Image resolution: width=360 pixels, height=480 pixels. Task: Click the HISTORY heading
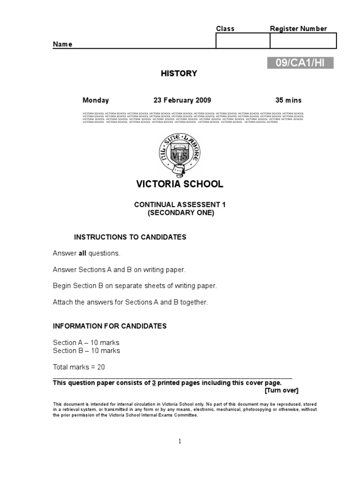point(179,74)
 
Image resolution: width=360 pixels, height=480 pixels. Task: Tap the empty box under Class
point(242,41)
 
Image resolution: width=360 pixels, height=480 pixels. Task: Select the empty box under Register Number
point(303,41)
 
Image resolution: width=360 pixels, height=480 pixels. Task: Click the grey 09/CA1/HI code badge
point(300,63)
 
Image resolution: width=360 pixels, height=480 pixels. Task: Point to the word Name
point(62,45)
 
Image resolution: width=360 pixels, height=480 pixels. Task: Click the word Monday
point(96,100)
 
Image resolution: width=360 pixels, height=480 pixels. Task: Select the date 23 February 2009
point(182,100)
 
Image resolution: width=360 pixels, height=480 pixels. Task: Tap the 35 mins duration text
point(288,100)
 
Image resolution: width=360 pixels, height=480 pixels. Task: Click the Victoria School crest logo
point(180,152)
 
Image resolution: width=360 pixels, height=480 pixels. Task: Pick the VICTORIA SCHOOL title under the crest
point(180,184)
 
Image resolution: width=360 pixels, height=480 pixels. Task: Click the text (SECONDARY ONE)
point(180,212)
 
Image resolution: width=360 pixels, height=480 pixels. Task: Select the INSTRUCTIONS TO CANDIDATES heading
point(130,237)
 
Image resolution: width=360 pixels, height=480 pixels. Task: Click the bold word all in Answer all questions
point(82,254)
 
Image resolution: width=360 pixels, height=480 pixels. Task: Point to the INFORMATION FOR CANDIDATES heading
point(110,326)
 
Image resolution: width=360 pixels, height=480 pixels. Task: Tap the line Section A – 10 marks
point(86,343)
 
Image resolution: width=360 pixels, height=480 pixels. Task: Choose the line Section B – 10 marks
point(86,351)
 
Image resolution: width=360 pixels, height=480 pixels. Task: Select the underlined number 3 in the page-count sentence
point(153,383)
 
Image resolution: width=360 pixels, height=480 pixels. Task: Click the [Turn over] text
point(281,390)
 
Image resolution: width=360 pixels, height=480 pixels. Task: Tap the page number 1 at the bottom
point(180,441)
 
